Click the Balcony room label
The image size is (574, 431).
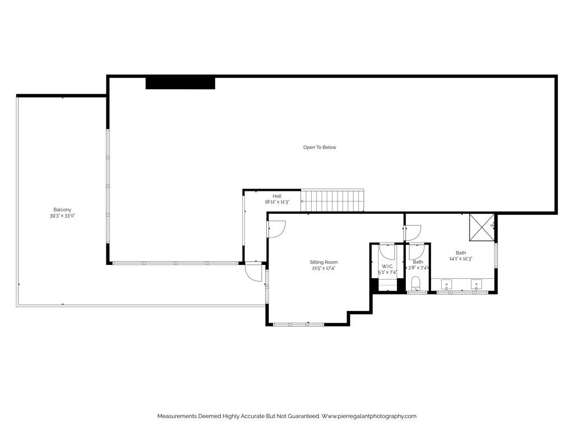pos(62,210)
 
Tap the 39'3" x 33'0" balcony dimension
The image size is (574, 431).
pos(62,215)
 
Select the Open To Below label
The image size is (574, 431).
pos(320,148)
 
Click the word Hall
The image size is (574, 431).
pos(277,196)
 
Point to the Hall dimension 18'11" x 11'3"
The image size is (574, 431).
pos(277,201)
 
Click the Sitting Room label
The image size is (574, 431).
pos(324,262)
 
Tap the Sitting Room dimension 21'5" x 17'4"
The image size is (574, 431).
pos(324,268)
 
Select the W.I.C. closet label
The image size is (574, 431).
pos(387,266)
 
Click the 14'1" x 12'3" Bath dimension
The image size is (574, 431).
pos(461,259)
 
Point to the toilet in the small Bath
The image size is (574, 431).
pos(416,283)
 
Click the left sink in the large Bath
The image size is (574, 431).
pos(447,283)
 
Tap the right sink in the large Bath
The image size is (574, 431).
pos(476,283)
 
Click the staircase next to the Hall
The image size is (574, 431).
pos(333,201)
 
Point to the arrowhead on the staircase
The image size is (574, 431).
pos(303,201)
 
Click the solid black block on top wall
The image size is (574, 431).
pos(180,83)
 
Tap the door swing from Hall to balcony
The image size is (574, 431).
pos(253,273)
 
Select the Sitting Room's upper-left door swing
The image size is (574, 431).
pos(277,227)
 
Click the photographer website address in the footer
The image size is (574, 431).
pos(369,416)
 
